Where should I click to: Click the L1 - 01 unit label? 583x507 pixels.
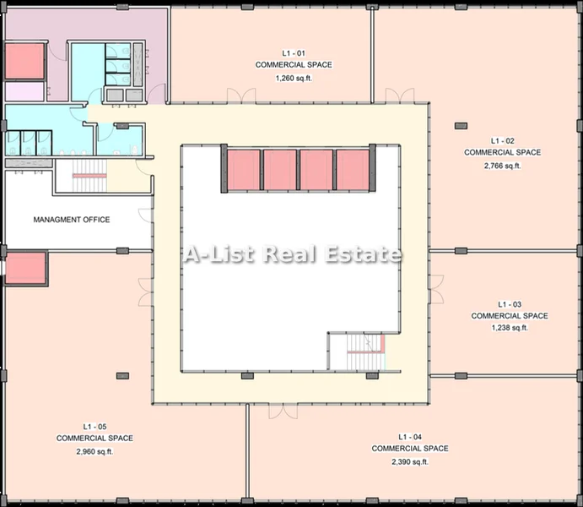pyautogui.click(x=294, y=53)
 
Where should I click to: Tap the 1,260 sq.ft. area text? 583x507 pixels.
pyautogui.click(x=294, y=79)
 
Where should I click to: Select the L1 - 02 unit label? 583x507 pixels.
pyautogui.click(x=502, y=141)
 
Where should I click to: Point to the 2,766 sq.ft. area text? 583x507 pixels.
pyautogui.click(x=502, y=166)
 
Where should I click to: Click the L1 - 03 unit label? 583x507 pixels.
pyautogui.click(x=510, y=304)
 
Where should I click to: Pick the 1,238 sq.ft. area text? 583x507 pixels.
pyautogui.click(x=510, y=328)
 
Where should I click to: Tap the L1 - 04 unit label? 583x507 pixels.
pyautogui.click(x=410, y=437)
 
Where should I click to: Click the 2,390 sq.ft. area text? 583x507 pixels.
pyautogui.click(x=410, y=462)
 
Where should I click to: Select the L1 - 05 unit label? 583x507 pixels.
pyautogui.click(x=94, y=427)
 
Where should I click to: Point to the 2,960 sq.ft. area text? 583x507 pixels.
pyautogui.click(x=94, y=451)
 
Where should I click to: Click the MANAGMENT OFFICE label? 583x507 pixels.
pyautogui.click(x=72, y=220)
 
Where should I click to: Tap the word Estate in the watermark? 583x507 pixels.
pyautogui.click(x=364, y=254)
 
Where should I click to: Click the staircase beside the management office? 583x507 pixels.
pyautogui.click(x=89, y=176)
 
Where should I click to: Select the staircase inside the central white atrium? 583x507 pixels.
pyautogui.click(x=365, y=352)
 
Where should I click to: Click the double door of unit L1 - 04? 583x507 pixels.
pyautogui.click(x=283, y=412)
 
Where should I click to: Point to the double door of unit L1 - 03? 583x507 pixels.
pyautogui.click(x=436, y=289)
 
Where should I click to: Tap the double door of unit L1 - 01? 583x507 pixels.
pyautogui.click(x=241, y=95)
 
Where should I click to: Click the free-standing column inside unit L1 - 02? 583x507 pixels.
pyautogui.click(x=461, y=126)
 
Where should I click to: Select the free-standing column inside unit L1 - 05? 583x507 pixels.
pyautogui.click(x=122, y=376)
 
